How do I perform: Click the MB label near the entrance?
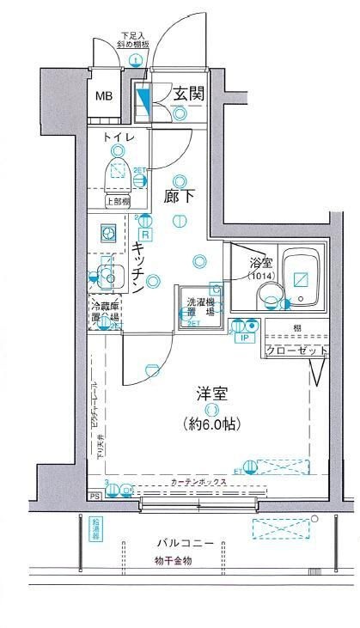[104, 95]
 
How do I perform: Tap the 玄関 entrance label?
[188, 95]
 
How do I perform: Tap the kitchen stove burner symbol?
[109, 234]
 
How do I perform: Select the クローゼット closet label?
[296, 351]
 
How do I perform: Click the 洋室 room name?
[211, 395]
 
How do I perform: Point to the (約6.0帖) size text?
[211, 424]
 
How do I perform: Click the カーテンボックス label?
[198, 482]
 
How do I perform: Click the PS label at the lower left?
[94, 497]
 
